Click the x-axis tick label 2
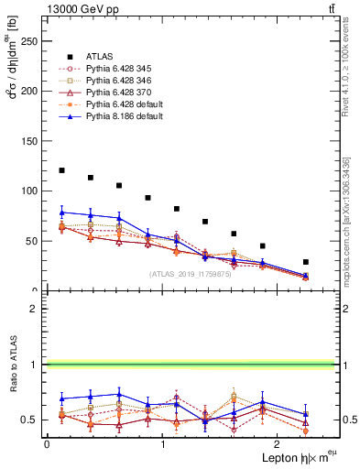coord(278,444)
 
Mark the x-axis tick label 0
coord(47,444)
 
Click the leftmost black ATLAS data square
coord(61,170)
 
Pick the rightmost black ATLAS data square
coord(306,262)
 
